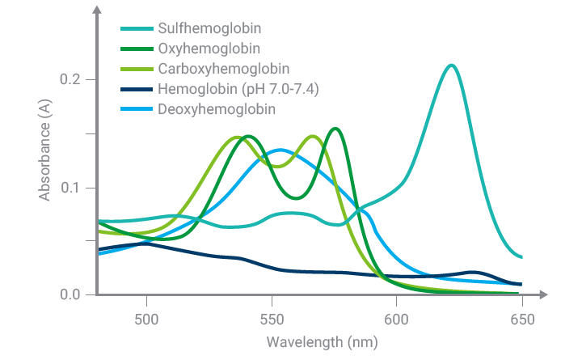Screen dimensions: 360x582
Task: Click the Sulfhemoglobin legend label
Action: coord(204,29)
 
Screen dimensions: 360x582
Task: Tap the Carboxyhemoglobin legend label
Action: coord(213,69)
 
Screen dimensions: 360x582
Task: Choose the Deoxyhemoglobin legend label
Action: coord(207,108)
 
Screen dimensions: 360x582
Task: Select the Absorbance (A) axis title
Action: coord(46,155)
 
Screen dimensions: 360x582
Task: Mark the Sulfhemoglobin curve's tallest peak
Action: coord(452,66)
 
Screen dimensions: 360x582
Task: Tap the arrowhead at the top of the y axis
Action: coord(97,10)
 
